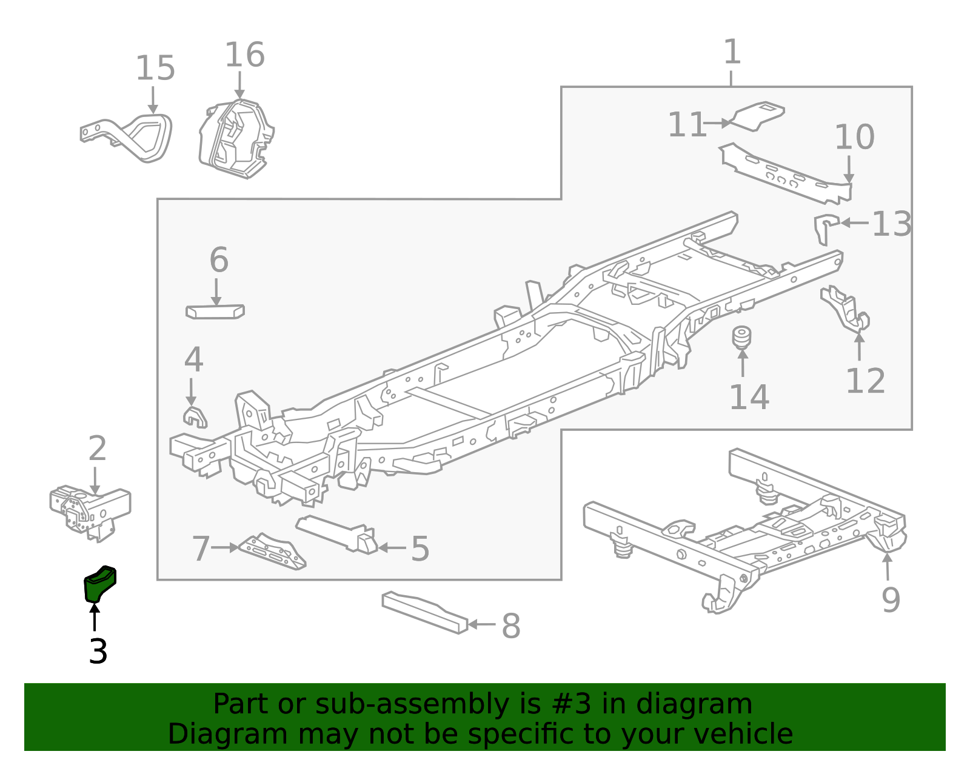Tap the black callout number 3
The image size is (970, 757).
(98, 652)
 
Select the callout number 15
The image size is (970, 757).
(155, 68)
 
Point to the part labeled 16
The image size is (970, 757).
(236, 139)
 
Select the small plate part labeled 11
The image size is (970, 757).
(758, 115)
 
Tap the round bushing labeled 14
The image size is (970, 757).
(741, 338)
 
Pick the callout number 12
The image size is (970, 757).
(865, 382)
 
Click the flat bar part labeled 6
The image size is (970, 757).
(215, 312)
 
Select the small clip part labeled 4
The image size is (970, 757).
(194, 416)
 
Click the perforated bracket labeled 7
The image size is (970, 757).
(273, 552)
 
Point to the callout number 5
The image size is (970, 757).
(420, 549)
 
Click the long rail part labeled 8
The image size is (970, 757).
(424, 613)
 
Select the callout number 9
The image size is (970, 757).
(891, 600)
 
